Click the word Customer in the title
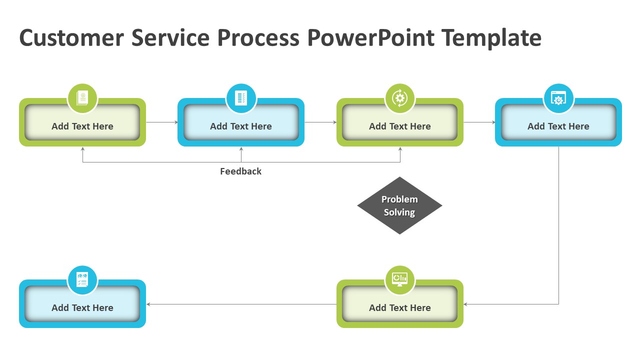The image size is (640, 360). (x=71, y=38)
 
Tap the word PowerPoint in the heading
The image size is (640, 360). (x=370, y=38)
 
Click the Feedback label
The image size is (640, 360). (x=240, y=171)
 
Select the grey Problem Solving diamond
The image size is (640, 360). (x=399, y=205)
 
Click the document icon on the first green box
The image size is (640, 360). (x=82, y=98)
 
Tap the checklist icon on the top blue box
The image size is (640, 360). (x=241, y=98)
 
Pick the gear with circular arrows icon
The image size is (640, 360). (x=399, y=98)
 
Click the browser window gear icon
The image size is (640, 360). (x=558, y=98)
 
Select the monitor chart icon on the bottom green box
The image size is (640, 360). (x=399, y=279)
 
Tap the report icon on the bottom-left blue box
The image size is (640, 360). (x=82, y=279)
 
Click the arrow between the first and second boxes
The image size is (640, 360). (x=162, y=122)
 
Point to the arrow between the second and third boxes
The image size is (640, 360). (x=320, y=122)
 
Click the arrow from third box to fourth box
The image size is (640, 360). (x=479, y=122)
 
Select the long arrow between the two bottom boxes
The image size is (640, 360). (x=241, y=304)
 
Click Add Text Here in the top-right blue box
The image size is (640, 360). (x=558, y=126)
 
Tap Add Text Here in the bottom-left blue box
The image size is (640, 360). (x=82, y=308)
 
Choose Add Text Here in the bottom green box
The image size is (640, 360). (x=399, y=308)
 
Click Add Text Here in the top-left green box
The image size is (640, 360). (x=82, y=126)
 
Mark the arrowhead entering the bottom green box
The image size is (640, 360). (x=465, y=304)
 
